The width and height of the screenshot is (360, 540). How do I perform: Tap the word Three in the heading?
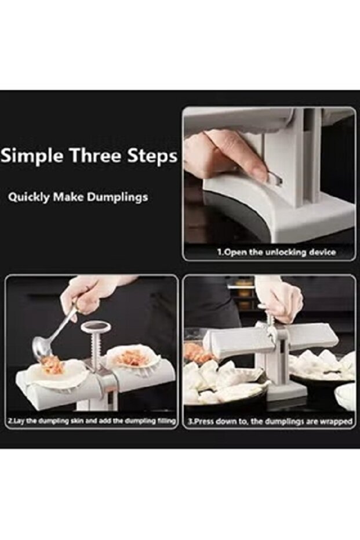[96, 155]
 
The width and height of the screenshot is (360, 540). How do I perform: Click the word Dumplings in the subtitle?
[117, 197]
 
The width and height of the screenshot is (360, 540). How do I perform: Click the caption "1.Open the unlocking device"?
[277, 252]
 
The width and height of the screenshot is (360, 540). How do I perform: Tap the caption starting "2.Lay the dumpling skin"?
[92, 421]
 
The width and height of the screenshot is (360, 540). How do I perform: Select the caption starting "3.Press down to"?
[270, 421]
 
